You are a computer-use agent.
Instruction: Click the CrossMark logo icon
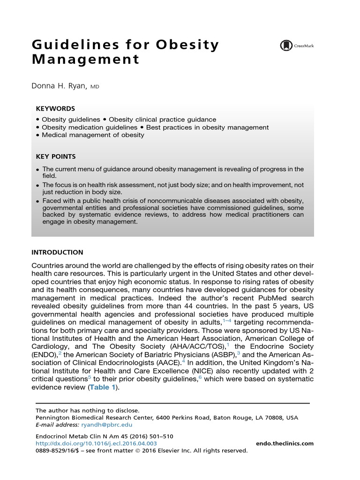tap(285, 45)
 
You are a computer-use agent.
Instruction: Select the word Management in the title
tap(85, 60)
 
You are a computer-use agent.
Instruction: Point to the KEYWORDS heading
tap(55, 109)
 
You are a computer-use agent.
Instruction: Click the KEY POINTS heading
tap(56, 157)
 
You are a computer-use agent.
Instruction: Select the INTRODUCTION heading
tap(57, 252)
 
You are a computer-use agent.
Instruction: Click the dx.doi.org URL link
tap(96, 443)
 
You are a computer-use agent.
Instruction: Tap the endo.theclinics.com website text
tap(285, 443)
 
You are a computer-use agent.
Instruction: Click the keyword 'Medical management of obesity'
tap(93, 135)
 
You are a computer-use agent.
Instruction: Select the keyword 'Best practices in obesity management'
tap(207, 127)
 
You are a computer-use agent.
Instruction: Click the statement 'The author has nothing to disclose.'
tap(88, 410)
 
